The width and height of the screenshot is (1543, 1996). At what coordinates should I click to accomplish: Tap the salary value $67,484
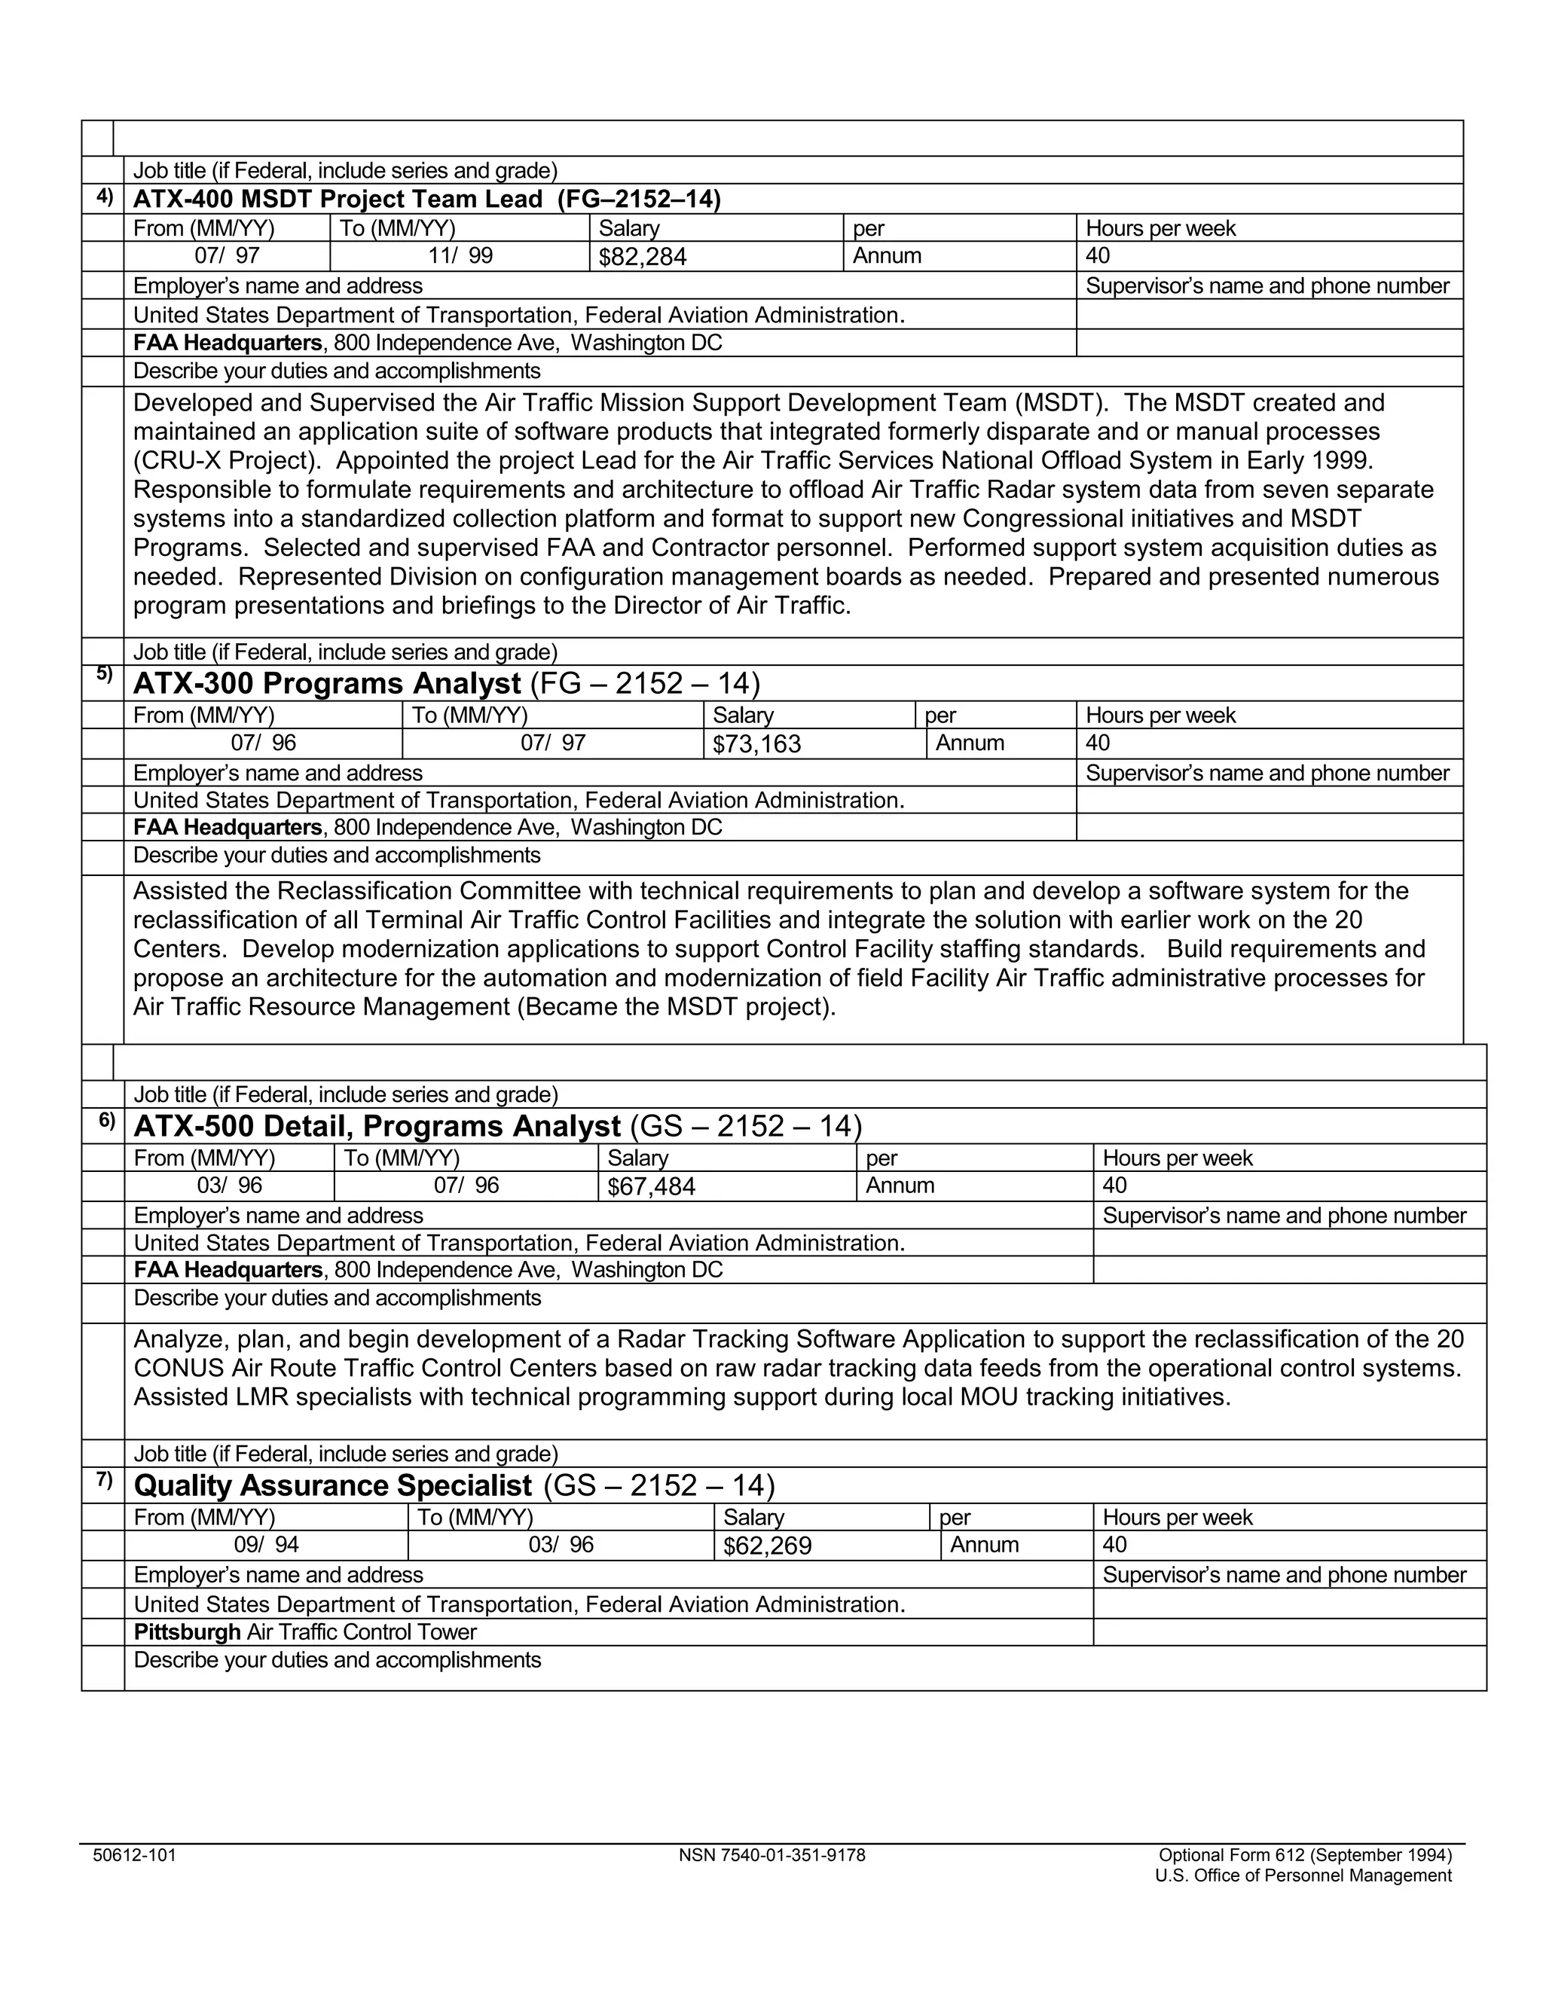click(x=651, y=1187)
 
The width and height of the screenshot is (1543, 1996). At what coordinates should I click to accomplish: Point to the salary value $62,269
click(x=767, y=1546)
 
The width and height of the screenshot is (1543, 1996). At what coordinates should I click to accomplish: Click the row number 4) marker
click(x=104, y=196)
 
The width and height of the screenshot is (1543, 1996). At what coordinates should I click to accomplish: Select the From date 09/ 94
click(x=266, y=1545)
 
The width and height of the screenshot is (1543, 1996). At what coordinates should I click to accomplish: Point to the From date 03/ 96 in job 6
click(x=230, y=1186)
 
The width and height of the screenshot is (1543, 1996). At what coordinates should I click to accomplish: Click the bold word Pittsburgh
click(x=187, y=1632)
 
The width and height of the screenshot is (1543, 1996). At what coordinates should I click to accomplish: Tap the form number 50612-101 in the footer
click(x=134, y=1855)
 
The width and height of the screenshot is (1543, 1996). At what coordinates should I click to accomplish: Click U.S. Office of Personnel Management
click(x=1303, y=1876)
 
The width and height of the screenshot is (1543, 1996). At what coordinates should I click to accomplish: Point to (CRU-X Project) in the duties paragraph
click(x=228, y=461)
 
